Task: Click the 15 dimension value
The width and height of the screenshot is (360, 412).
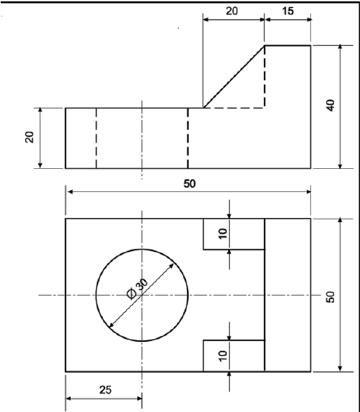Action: [x=287, y=12]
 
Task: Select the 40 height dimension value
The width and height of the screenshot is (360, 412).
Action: [x=331, y=106]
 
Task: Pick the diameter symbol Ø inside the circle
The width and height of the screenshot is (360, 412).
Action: [x=132, y=294]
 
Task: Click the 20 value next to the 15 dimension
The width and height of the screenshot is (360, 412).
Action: [x=232, y=12]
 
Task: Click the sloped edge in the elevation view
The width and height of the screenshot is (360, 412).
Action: [x=234, y=77]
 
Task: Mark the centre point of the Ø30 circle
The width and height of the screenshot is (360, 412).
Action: [x=142, y=295]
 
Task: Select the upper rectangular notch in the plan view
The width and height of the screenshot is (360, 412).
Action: [x=234, y=234]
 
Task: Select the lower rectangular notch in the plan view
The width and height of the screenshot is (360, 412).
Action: [x=234, y=355]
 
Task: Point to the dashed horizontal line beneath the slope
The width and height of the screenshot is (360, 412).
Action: [x=234, y=108]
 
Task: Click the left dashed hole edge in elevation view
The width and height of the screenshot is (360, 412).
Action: [x=96, y=138]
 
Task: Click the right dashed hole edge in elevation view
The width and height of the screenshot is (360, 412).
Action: [x=187, y=138]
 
